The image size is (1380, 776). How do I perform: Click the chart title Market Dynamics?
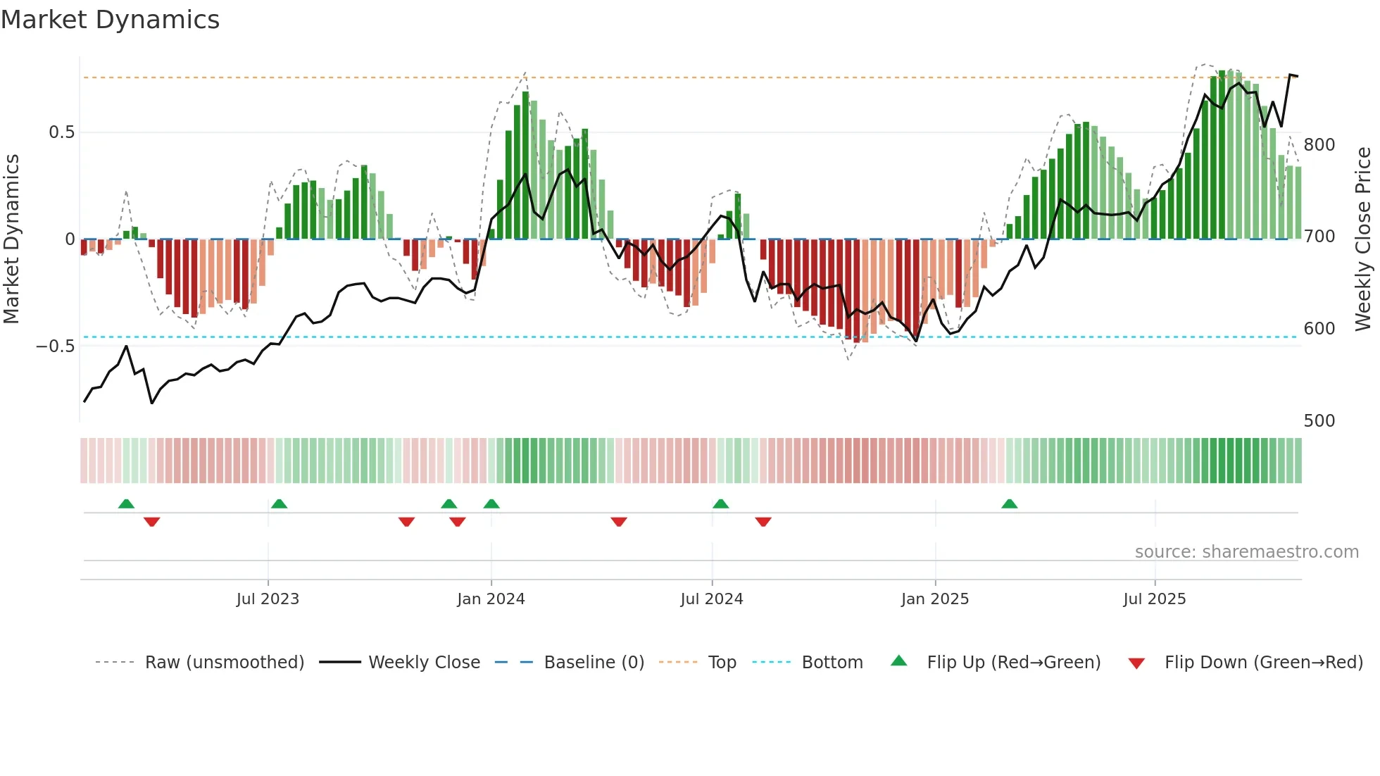tap(111, 20)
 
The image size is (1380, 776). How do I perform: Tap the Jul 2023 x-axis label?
tap(268, 599)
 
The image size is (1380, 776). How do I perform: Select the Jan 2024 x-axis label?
tap(491, 599)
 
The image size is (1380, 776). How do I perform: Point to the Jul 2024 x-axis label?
tap(712, 599)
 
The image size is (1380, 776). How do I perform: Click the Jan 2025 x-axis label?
tap(935, 599)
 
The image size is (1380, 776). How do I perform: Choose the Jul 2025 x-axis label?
tap(1155, 599)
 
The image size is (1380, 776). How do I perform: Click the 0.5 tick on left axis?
tap(61, 132)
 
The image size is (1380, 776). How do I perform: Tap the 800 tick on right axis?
tap(1319, 145)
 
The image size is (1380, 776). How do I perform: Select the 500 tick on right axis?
tap(1319, 421)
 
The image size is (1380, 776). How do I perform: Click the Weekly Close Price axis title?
tap(1364, 239)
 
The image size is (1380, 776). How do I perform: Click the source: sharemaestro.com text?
tap(1246, 552)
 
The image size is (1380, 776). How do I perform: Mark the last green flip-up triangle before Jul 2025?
tap(1009, 503)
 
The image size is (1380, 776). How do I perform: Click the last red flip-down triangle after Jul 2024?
tap(763, 522)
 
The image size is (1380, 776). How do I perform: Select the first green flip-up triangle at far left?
tap(126, 503)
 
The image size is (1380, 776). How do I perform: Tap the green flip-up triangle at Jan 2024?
tap(491, 503)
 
